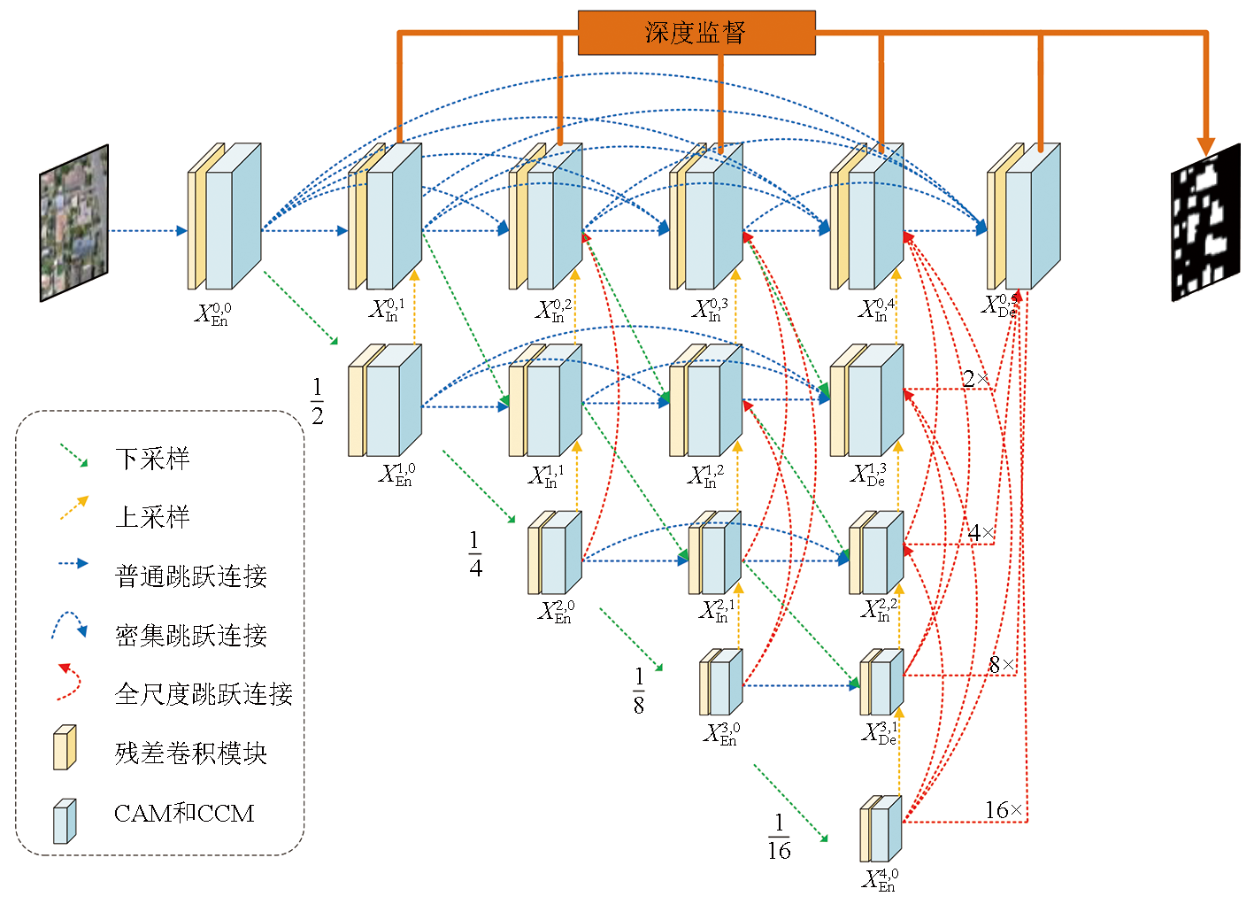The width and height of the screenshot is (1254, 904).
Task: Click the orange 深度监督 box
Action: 696,33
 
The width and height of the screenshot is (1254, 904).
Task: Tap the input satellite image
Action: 73,223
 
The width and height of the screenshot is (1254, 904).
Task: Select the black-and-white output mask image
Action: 1205,227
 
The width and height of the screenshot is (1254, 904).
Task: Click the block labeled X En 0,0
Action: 225,217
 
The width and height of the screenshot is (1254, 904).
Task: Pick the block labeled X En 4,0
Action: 881,829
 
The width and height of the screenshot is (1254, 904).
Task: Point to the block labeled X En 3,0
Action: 721,682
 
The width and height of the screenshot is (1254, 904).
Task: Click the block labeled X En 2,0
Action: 555,552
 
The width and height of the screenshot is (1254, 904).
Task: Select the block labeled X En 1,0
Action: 385,400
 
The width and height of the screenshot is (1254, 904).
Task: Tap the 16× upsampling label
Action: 1004,810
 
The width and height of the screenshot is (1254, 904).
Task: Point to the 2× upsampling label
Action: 975,379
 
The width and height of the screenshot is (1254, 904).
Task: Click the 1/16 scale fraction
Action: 779,837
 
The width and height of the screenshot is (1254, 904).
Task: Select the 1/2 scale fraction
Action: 317,401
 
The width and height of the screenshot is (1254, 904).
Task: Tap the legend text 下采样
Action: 152,459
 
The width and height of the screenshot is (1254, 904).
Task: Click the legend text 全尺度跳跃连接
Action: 204,694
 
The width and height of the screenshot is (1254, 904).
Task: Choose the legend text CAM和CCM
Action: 184,813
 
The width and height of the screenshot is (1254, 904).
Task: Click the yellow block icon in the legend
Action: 65,748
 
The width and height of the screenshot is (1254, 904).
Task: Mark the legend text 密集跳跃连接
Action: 191,635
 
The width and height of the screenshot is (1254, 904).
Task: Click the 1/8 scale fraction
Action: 639,691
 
